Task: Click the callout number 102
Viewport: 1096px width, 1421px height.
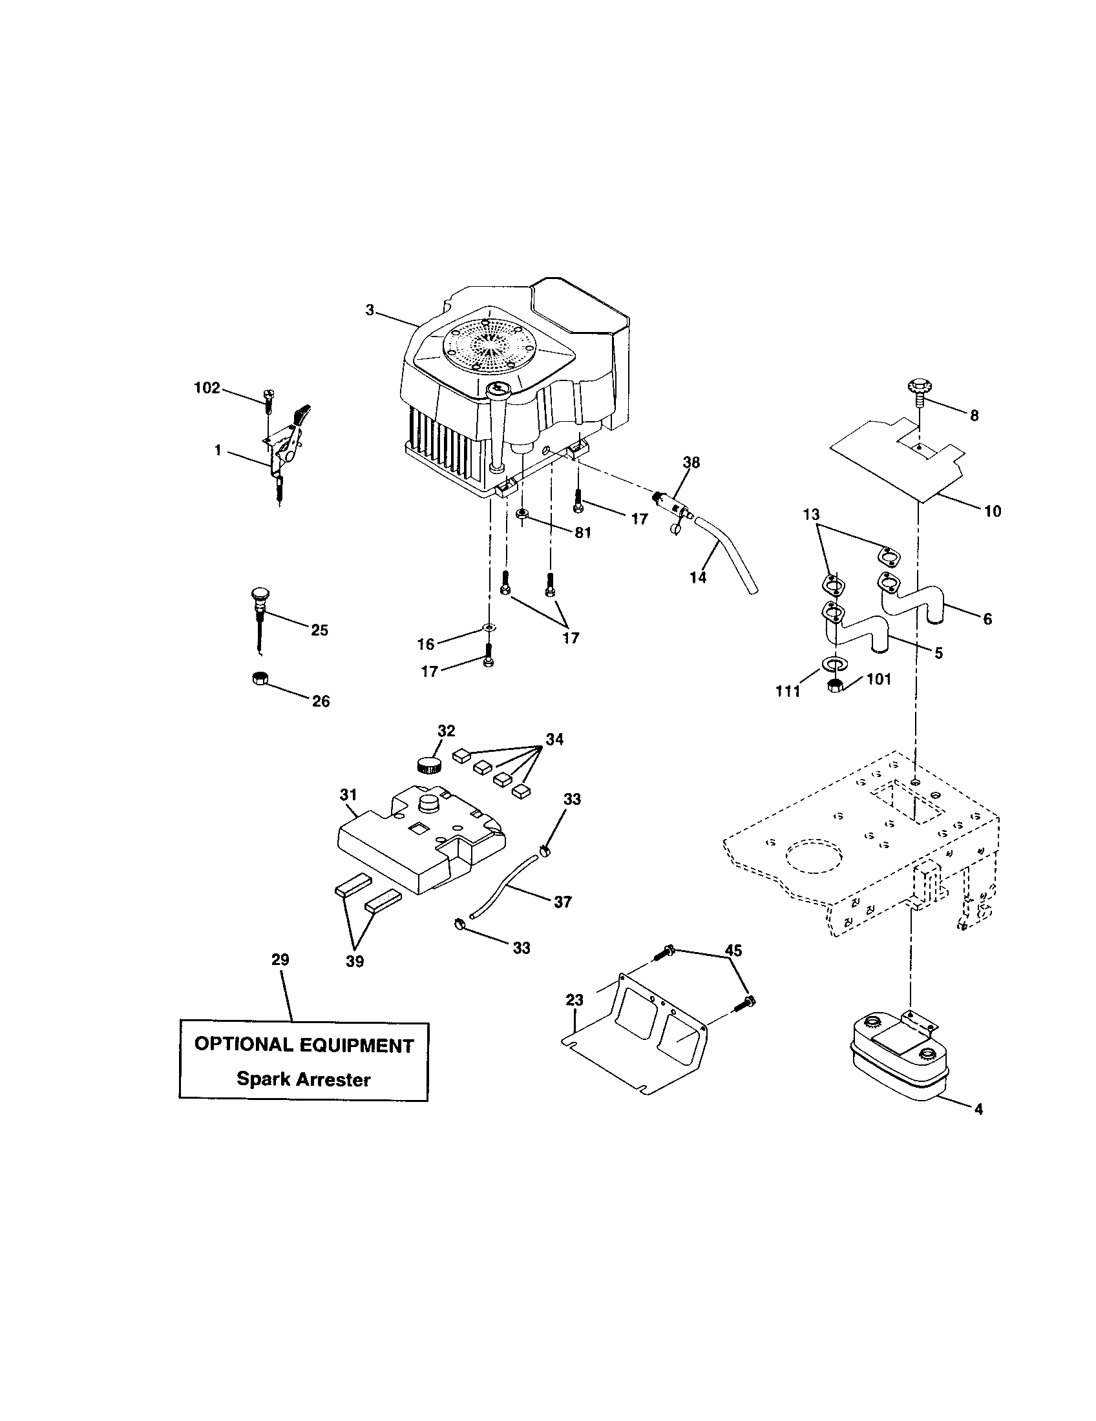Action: [207, 388]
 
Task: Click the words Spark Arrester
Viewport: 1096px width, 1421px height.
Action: [303, 1079]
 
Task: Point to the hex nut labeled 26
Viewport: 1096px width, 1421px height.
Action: [258, 678]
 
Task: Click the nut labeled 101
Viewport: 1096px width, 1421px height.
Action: [836, 685]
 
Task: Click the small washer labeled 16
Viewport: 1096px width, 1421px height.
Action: [489, 628]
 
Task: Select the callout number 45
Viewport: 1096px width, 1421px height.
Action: [733, 951]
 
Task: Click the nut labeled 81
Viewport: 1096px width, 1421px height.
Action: [522, 515]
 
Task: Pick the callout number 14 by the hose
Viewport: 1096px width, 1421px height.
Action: [698, 577]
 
